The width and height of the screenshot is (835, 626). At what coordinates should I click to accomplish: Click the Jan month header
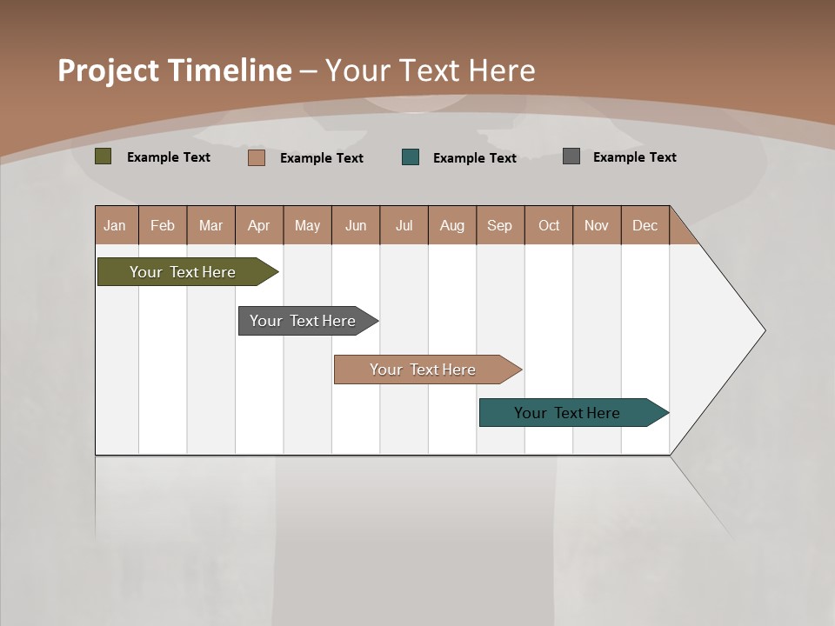pos(115,225)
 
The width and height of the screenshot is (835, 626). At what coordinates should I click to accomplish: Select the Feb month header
pos(163,225)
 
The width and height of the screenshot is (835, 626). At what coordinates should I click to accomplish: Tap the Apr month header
pos(258,225)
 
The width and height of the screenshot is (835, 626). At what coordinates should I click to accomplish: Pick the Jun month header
pos(356,225)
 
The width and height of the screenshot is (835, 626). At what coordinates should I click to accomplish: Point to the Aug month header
pos(452,225)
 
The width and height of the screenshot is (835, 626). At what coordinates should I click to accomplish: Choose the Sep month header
pos(499,225)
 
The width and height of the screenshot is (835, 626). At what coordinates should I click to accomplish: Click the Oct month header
pos(549,225)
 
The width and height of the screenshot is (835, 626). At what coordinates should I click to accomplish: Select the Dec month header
pos(645,225)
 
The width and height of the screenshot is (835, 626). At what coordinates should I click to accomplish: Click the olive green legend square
pos(104,156)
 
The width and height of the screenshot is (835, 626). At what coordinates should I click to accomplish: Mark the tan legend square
pos(256,157)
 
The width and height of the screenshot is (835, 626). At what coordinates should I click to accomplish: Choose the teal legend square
pos(410,157)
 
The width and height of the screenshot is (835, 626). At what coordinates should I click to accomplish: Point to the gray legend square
pos(571,156)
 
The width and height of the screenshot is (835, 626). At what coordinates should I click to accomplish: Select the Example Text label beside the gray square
pos(634,157)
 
